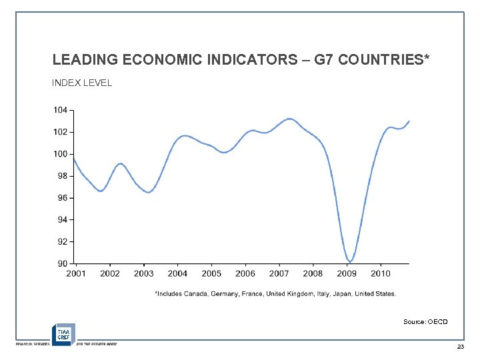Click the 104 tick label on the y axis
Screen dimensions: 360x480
pyautogui.click(x=60, y=110)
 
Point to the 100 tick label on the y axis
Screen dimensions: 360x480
pyautogui.click(x=60, y=154)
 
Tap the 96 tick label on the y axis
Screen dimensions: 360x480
pyautogui.click(x=62, y=198)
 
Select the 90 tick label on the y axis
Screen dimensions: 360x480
pyautogui.click(x=62, y=263)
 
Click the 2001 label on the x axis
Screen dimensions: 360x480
pyautogui.click(x=76, y=273)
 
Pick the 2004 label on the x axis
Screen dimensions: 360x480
pyautogui.click(x=177, y=273)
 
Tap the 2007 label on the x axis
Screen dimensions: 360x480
pyautogui.click(x=279, y=273)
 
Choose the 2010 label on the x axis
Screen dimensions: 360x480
pyautogui.click(x=380, y=273)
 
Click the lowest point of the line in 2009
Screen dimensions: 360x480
pyautogui.click(x=350, y=261)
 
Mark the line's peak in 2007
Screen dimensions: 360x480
pyautogui.click(x=289, y=119)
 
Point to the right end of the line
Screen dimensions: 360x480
pyautogui.click(x=409, y=121)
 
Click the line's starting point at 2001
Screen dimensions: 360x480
pyautogui.click(x=73, y=159)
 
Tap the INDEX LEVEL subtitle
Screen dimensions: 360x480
pyautogui.click(x=82, y=83)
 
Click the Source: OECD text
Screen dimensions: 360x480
pyautogui.click(x=425, y=322)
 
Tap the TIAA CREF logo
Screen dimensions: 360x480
pyautogui.click(x=63, y=333)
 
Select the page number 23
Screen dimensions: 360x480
pyautogui.click(x=460, y=348)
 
